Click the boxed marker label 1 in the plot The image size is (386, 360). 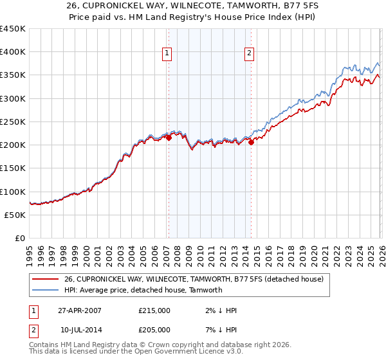167,54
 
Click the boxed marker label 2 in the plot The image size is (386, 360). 249,54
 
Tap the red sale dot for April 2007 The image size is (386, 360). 169,138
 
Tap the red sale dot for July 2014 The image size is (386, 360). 251,142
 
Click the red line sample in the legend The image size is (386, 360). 46,278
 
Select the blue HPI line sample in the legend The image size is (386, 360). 46,290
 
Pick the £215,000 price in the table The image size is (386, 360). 154,310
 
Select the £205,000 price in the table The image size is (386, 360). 154,329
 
